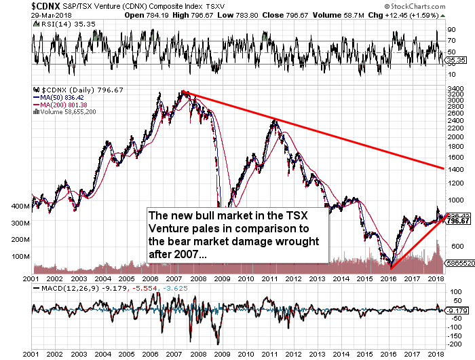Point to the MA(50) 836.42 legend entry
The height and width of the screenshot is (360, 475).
pos(58,96)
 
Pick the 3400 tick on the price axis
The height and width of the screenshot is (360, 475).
pos(456,88)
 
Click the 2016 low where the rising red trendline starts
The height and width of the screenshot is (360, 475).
pos(392,268)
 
